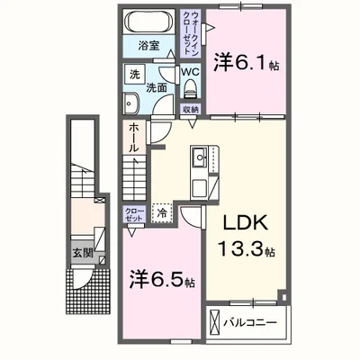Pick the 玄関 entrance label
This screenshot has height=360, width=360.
coord(82,253)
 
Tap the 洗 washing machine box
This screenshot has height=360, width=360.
coord(132,73)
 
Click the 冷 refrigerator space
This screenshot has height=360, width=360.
coord(163,215)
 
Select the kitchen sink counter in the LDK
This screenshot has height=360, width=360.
coord(201,168)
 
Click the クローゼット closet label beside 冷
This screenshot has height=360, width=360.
coord(133,214)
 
